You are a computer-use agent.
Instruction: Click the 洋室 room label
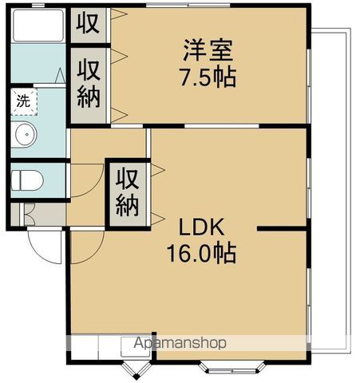[x=208, y=50]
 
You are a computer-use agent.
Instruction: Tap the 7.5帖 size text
[x=208, y=77]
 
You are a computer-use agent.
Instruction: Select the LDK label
[x=201, y=227]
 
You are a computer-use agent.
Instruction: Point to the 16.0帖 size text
[x=201, y=253]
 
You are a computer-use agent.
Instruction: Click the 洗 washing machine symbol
[x=24, y=101]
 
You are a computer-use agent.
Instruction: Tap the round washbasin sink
[x=26, y=134]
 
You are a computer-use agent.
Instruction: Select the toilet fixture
[x=27, y=180]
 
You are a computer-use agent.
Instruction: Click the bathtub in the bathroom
[x=38, y=26]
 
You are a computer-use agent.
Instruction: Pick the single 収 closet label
[x=88, y=23]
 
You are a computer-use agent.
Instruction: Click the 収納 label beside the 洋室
[x=89, y=84]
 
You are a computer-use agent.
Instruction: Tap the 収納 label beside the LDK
[x=127, y=192]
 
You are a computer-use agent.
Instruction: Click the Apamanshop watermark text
[x=180, y=342]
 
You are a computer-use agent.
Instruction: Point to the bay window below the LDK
[x=232, y=367]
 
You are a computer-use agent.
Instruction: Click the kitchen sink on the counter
[x=136, y=346]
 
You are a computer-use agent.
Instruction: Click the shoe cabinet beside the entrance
[x=38, y=215]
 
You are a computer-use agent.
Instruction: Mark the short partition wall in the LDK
[x=282, y=228]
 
